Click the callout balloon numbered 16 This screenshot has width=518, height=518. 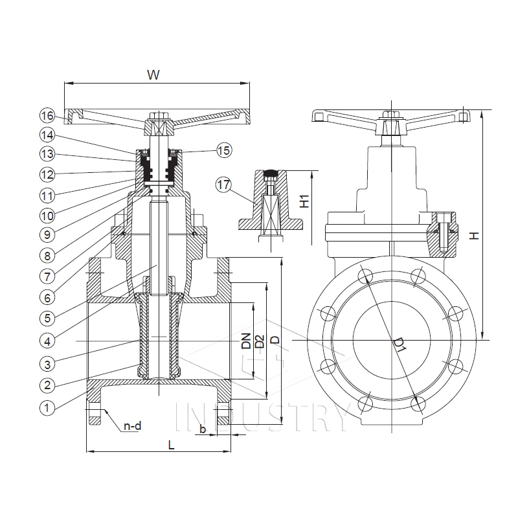coord(46,116)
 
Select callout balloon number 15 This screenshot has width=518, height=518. coord(223,150)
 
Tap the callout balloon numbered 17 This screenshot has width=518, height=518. coord(223,185)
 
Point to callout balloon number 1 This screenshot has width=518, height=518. coord(46,407)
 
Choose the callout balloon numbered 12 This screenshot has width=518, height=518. coord(46,174)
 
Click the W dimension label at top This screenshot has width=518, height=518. coord(153,74)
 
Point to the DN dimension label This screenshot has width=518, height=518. coord(246,341)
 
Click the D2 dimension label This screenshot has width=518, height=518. coord(259,341)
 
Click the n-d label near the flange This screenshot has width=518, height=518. coord(132,426)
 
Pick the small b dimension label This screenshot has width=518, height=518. coord(203,429)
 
